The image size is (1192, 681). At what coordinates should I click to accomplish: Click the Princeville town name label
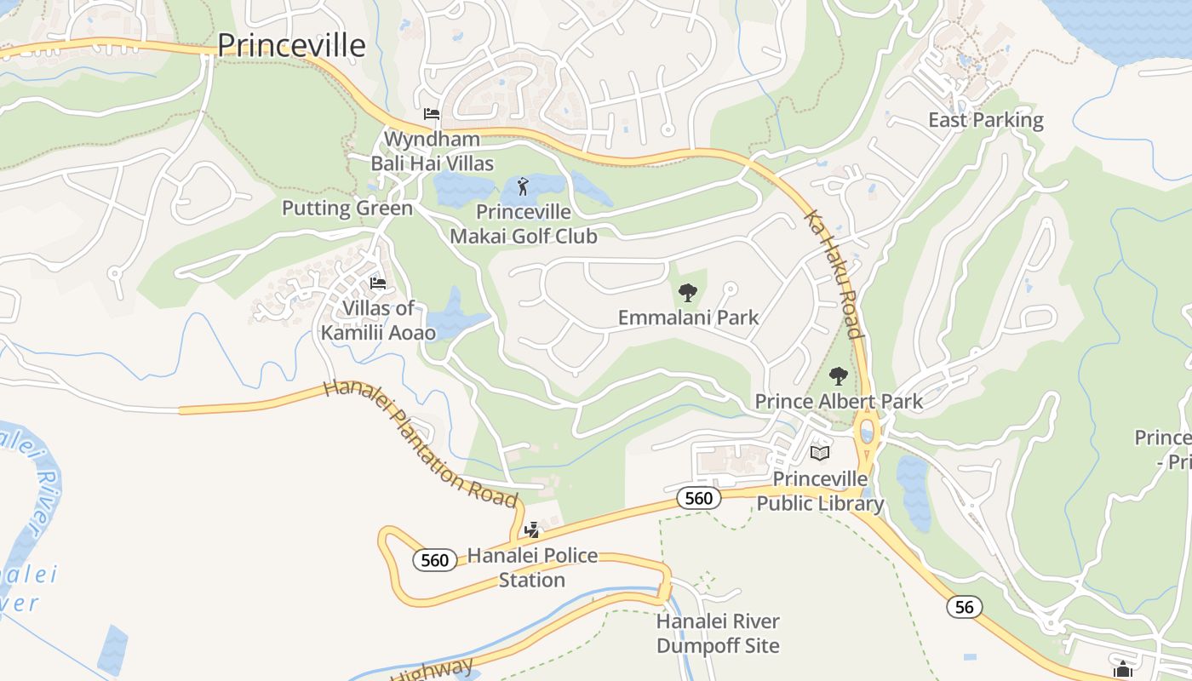[x=292, y=45]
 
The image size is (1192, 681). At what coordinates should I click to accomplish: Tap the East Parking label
[x=985, y=120]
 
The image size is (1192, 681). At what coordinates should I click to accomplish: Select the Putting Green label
[x=347, y=209]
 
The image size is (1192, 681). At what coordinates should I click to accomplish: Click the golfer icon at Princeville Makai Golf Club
[x=523, y=186]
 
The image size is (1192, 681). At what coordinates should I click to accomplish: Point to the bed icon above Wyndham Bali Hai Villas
[x=432, y=114]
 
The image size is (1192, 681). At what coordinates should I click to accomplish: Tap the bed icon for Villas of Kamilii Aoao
[x=378, y=283]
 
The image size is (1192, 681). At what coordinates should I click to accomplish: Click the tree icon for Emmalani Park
[x=687, y=293]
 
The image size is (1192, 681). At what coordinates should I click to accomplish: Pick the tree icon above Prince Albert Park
[x=839, y=375]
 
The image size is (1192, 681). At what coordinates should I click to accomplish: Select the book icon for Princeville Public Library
[x=820, y=453]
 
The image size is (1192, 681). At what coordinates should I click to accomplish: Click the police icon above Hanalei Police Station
[x=532, y=530]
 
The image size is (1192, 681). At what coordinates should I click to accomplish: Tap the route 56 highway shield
[x=964, y=607]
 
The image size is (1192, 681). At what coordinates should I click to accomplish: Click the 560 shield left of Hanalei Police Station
[x=434, y=560]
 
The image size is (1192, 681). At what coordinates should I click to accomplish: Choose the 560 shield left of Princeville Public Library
[x=698, y=498]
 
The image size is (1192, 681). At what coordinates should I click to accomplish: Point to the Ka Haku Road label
[x=834, y=274]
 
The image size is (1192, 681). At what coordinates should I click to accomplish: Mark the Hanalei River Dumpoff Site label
[x=718, y=633]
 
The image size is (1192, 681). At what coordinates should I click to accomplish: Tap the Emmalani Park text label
[x=688, y=318]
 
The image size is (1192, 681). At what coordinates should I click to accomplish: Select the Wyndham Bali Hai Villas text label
[x=432, y=151]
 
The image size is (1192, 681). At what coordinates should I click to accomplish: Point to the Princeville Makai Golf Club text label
[x=523, y=224]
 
